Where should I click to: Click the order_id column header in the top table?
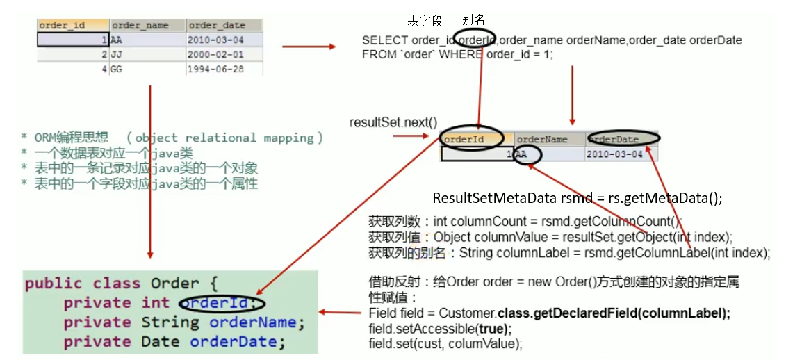pos(63,26)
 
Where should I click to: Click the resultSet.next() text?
pos(393,123)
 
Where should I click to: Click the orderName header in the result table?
pos(542,139)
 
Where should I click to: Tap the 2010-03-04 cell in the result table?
pos(614,154)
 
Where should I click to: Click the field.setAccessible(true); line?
pos(439,329)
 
